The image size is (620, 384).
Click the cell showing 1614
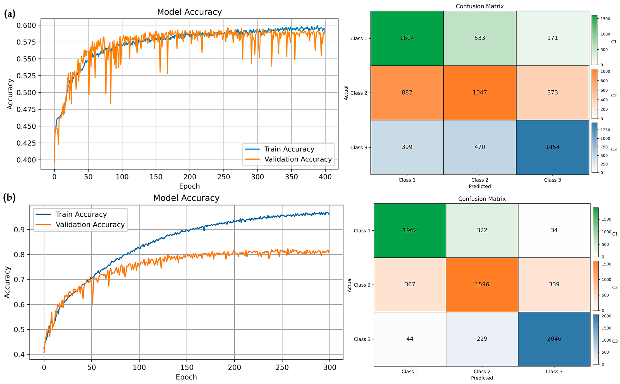(407, 38)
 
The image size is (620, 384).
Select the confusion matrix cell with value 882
(407, 92)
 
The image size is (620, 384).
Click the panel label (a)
(10, 14)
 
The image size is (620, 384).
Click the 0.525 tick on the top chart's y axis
(26, 76)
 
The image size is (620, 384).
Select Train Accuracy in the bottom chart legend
(81, 214)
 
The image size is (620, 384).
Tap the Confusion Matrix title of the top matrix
(479, 6)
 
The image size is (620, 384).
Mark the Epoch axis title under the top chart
(189, 186)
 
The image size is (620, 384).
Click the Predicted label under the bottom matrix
(482, 378)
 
